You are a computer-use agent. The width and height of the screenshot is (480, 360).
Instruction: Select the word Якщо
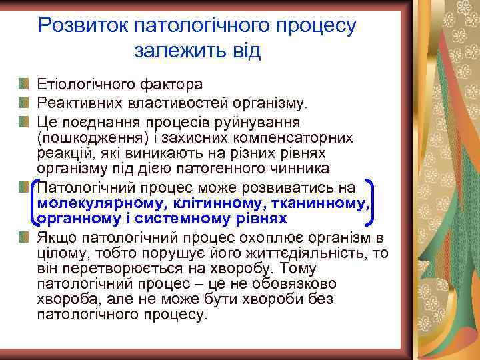pyautogui.click(x=56, y=237)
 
